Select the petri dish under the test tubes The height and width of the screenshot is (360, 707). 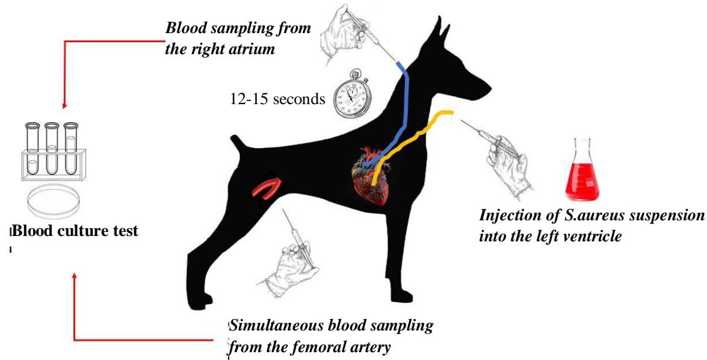[52, 198]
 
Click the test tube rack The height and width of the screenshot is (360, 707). [52, 154]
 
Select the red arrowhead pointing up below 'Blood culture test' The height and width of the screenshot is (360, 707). [75, 276]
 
